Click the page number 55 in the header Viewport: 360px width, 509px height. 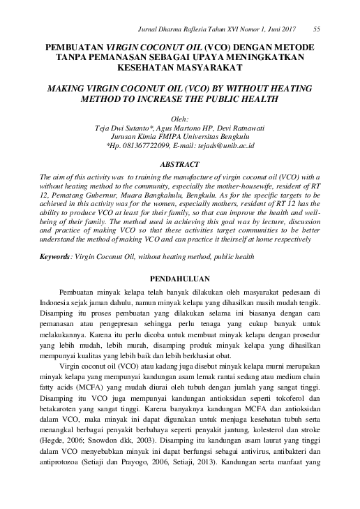317,29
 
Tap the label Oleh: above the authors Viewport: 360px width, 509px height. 179,121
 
